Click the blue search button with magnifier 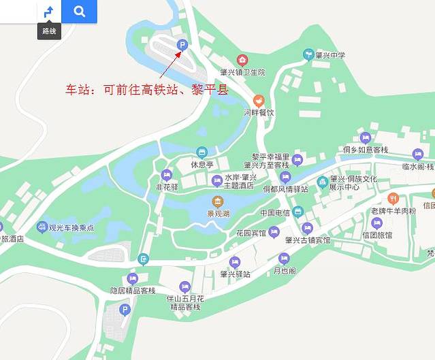(79, 12)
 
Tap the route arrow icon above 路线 (49, 12)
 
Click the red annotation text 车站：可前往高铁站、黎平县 (146, 90)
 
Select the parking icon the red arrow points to (182, 45)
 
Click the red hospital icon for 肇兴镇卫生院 (242, 61)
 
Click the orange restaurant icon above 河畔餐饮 (258, 101)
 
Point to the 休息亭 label (202, 165)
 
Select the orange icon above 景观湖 (217, 201)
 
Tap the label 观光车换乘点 (71, 227)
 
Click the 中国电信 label (275, 213)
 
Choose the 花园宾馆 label (251, 233)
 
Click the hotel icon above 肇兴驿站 (235, 262)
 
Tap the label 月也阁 (284, 270)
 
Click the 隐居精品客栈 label (133, 291)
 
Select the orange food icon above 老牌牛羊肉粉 (392, 199)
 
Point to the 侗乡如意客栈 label (366, 149)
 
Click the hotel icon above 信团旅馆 (376, 223)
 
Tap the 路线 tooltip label (49, 31)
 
